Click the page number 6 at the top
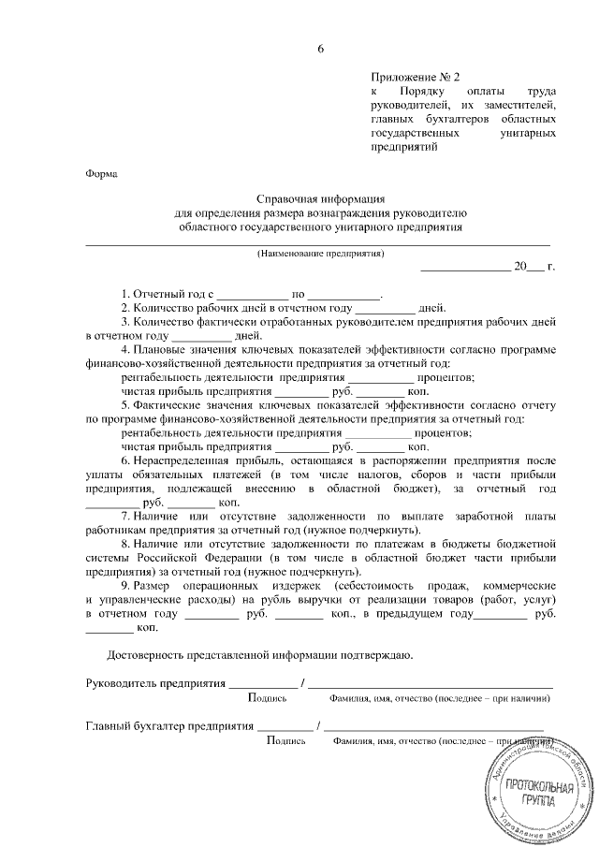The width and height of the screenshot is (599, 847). coord(321,49)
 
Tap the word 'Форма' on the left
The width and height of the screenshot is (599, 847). coord(101,173)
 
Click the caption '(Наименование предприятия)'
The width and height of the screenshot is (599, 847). coord(321,254)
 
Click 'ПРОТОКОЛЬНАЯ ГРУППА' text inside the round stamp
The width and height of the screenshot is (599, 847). coord(529,796)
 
